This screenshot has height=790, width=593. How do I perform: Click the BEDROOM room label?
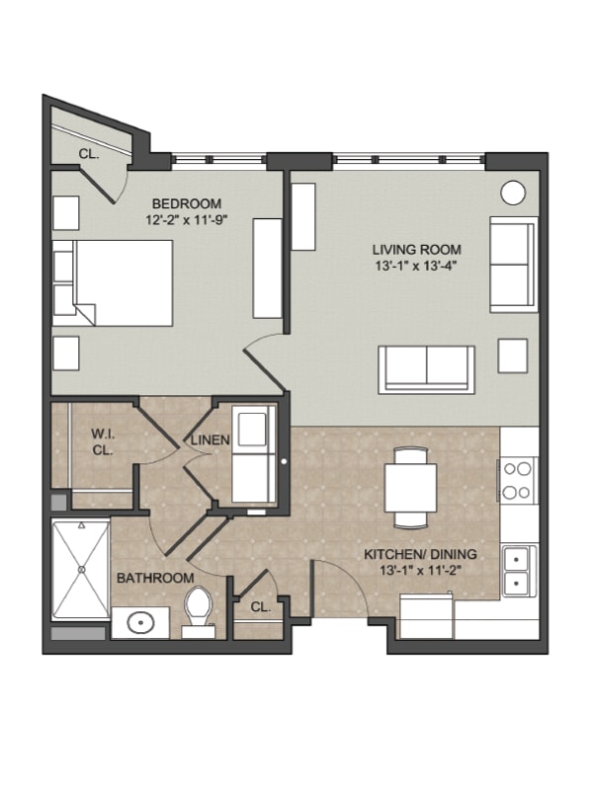point(187,203)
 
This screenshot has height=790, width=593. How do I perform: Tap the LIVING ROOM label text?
point(416,250)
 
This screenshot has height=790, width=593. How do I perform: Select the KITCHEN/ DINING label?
point(420,554)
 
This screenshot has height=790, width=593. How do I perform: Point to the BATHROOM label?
point(155,578)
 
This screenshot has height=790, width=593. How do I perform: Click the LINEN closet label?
point(210,439)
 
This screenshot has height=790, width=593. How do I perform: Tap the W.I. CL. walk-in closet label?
point(103,441)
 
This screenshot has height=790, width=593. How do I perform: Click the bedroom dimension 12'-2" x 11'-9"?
point(187,219)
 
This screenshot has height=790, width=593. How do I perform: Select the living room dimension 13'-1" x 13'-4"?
point(416,266)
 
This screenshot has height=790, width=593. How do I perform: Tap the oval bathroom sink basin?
point(140,623)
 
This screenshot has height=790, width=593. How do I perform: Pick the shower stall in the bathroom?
point(81,570)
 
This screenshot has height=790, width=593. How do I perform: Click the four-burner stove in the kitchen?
point(518,480)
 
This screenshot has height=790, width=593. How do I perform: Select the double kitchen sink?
point(520,572)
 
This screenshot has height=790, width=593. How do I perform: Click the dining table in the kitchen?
point(410,488)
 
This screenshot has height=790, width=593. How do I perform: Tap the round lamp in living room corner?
point(513,193)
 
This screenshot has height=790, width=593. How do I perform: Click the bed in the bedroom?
point(113,282)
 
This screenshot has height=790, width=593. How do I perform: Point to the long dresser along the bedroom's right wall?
point(267,268)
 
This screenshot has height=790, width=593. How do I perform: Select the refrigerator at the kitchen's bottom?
point(426,616)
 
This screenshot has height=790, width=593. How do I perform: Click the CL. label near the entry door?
point(261,607)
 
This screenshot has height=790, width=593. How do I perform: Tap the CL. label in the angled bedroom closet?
point(89,154)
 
